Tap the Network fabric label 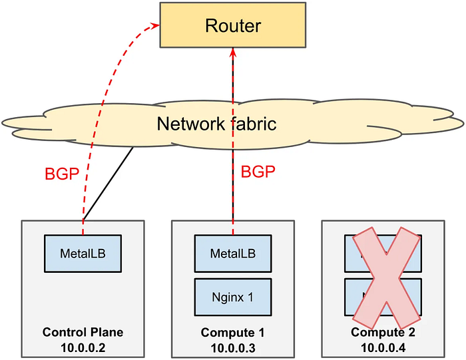[x=216, y=124]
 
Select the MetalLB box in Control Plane [x=83, y=253]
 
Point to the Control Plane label [x=83, y=332]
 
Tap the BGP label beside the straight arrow [x=258, y=172]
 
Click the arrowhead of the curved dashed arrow [x=156, y=26]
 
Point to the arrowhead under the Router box [x=232, y=52]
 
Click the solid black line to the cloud [x=110, y=182]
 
